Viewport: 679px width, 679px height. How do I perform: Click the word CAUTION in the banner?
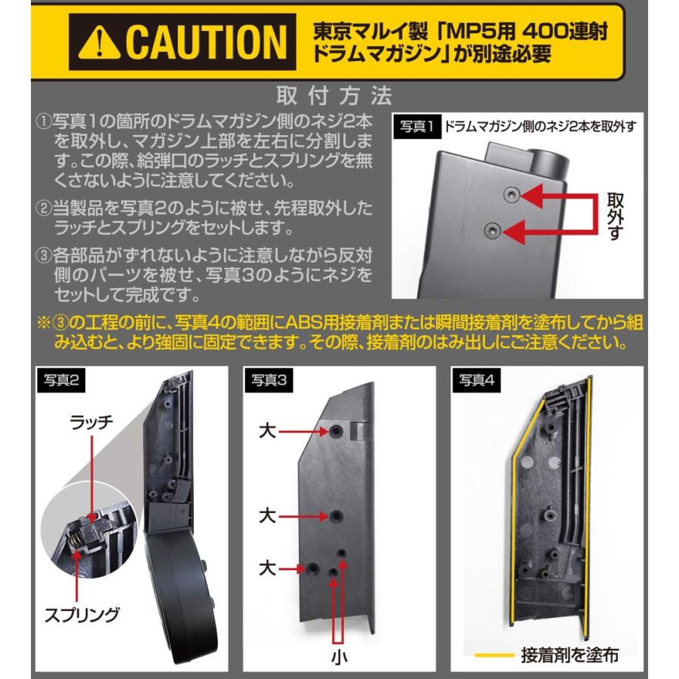click(x=202, y=43)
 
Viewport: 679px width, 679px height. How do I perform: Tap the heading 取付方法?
click(x=336, y=96)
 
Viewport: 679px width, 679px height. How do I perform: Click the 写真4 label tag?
click(x=479, y=381)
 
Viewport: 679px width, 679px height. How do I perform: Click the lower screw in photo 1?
click(x=493, y=229)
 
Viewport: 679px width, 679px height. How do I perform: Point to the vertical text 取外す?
click(x=614, y=215)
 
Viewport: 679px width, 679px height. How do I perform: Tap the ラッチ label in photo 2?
click(x=93, y=423)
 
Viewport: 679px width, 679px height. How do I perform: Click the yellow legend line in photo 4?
click(x=495, y=655)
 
